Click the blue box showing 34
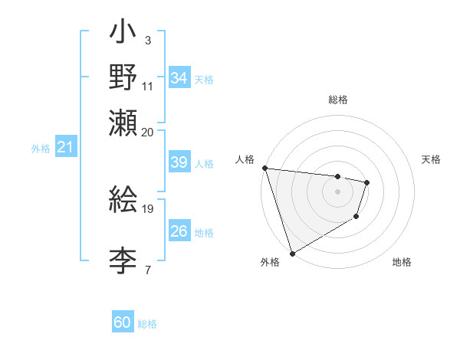pos(179,78)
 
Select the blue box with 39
pos(179,162)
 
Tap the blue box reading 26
pos(179,231)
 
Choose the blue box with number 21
pos(64,147)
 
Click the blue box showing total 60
pos(123,323)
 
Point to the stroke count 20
pos(148,133)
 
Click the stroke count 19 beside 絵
pos(148,208)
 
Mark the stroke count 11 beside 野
pos(148,86)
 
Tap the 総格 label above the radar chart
pos(337,100)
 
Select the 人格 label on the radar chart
pos(245,159)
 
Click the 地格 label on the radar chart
pos(402,263)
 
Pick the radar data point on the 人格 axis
pos(264,168)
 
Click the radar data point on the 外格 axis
pos(292,253)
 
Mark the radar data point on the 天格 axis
pos(367,182)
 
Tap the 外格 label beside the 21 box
pos(41,149)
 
